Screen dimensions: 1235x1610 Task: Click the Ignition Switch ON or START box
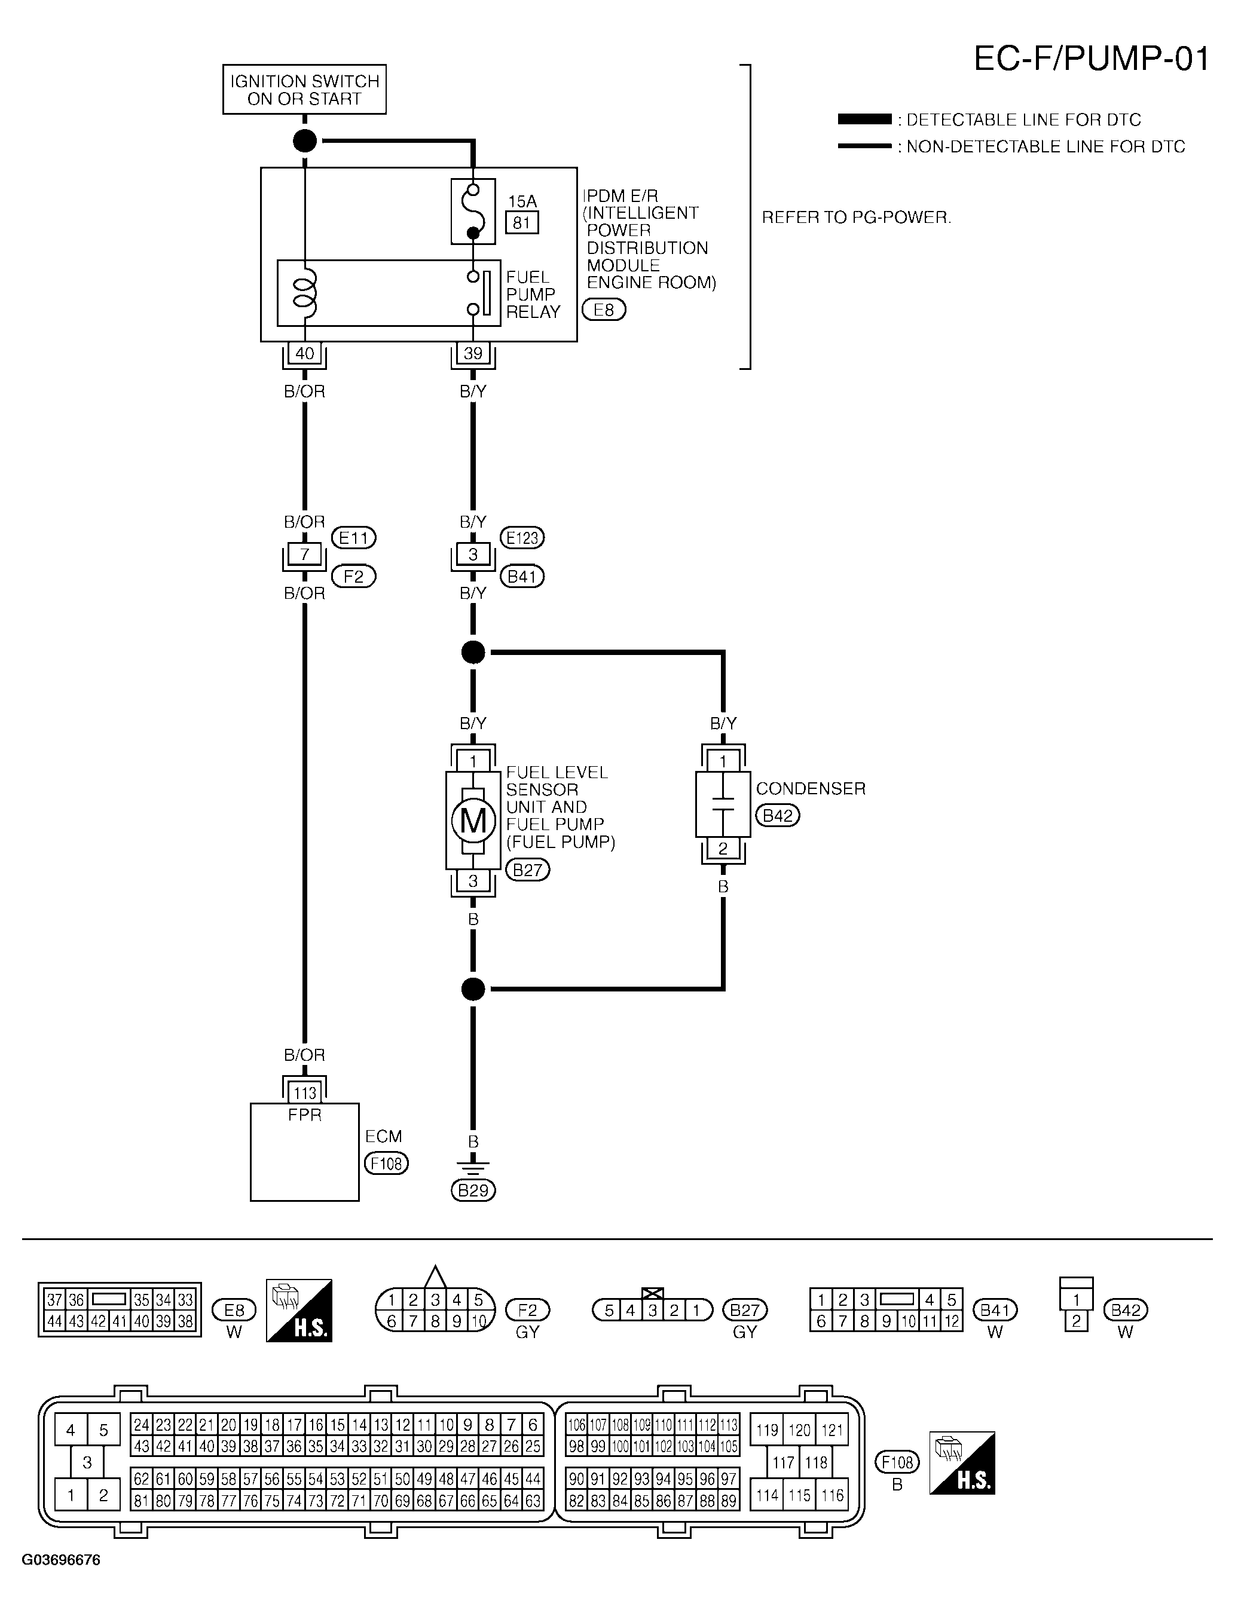[304, 90]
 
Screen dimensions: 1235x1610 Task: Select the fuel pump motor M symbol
[473, 820]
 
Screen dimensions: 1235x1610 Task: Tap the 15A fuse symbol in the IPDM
[473, 212]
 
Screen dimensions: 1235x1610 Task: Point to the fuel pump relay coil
[304, 292]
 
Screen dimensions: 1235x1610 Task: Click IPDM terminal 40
[304, 353]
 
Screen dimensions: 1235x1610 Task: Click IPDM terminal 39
[473, 353]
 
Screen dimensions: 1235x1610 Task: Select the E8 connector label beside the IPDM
[604, 310]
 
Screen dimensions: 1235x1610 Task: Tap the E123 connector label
[522, 538]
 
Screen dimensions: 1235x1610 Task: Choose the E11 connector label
[354, 538]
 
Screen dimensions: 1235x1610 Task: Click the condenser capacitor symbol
[723, 804]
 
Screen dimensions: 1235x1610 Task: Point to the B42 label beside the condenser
[778, 816]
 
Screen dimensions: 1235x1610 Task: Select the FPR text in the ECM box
[304, 1115]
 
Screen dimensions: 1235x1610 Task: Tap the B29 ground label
[473, 1190]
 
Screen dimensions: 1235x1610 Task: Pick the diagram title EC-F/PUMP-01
[1091, 58]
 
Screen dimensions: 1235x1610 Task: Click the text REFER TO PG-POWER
[857, 218]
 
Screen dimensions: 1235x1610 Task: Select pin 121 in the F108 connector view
[832, 1430]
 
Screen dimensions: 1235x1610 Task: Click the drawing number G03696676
[61, 1560]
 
